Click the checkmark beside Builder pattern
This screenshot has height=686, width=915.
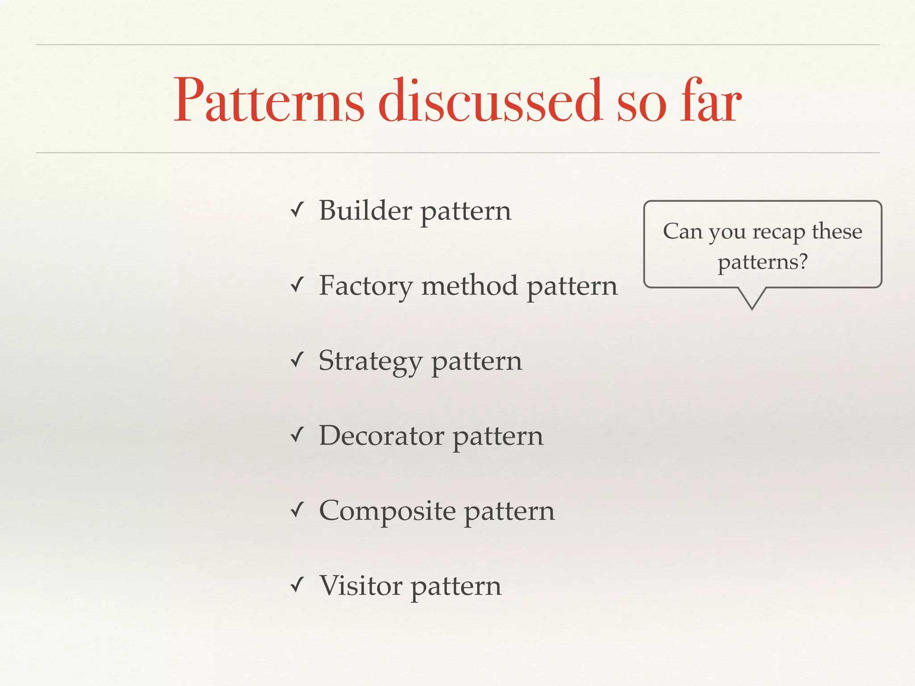(x=297, y=210)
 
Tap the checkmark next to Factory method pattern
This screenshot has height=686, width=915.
(x=297, y=285)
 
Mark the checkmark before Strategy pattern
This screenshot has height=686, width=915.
(x=297, y=360)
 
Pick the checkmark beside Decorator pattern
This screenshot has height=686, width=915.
(x=297, y=435)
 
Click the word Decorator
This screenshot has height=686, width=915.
(x=381, y=435)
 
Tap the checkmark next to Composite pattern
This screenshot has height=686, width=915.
(x=297, y=510)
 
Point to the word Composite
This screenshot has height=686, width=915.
(x=387, y=511)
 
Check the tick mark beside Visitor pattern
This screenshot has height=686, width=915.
(x=297, y=585)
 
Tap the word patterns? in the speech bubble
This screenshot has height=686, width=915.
(x=763, y=262)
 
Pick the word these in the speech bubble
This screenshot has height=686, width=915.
(x=837, y=231)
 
